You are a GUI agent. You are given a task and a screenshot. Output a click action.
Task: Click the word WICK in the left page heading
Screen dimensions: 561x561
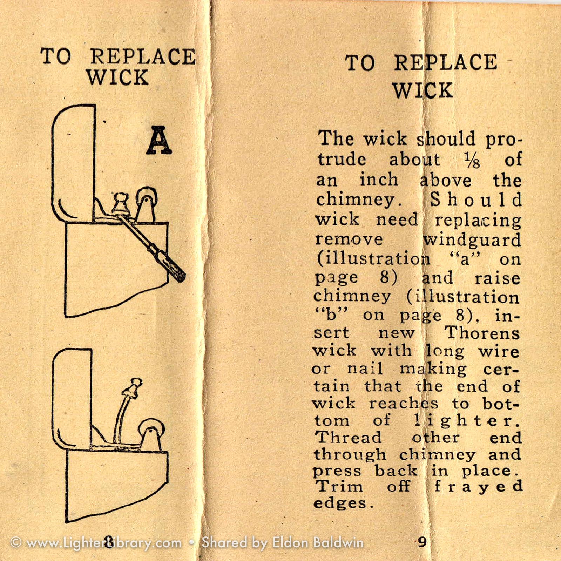click(117, 77)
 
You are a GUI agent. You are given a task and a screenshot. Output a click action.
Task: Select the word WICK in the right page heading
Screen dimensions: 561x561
click(423, 90)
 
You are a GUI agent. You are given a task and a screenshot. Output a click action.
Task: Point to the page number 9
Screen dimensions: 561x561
click(423, 542)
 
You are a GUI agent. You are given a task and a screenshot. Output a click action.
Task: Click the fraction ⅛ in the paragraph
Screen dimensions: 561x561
click(472, 160)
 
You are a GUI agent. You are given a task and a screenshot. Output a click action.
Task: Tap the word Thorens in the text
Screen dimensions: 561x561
click(482, 332)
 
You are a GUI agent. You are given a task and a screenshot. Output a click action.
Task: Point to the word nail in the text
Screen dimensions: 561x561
click(365, 369)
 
